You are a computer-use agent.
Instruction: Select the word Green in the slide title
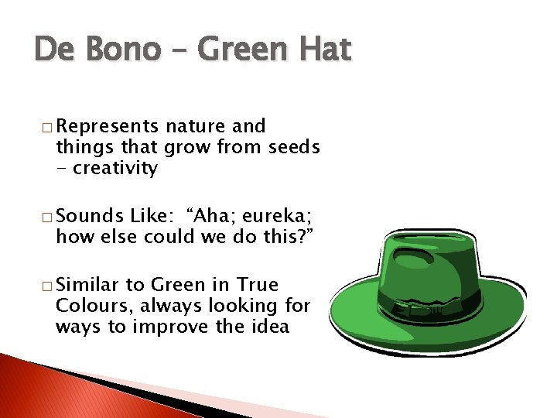click(242, 52)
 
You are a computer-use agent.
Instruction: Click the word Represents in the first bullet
click(106, 126)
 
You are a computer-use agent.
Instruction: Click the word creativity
click(115, 168)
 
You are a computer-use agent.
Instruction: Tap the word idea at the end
click(269, 327)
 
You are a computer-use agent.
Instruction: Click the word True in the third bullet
click(258, 285)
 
